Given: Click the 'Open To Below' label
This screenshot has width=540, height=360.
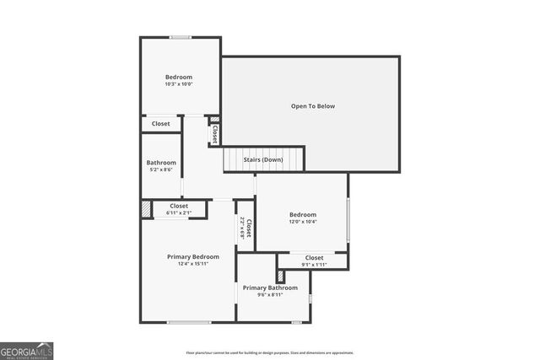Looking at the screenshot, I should coord(313,106).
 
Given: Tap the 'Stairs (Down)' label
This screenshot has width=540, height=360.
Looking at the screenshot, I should coord(263,159).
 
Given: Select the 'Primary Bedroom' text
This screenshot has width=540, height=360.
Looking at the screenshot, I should coord(193,256).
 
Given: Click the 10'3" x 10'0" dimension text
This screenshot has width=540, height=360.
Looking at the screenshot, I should coord(179,83).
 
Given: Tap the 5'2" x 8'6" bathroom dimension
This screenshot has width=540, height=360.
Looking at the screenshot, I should coord(161,169).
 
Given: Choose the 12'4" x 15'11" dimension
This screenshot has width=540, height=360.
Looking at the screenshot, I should coord(193,264).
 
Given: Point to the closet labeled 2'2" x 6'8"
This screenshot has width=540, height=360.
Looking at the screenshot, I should coord(246,228).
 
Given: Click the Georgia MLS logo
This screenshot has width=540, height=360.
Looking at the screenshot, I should coord(27,349).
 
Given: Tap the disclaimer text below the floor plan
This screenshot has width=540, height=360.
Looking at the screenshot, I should coord(270,353).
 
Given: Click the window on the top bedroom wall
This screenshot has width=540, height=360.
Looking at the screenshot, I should coord(180,37).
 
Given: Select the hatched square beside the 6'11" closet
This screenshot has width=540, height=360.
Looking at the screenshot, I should coord(147,209).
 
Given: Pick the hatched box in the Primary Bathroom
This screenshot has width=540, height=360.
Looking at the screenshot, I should coord(281,276).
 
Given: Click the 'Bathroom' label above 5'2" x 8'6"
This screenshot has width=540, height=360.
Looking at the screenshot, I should coord(161,163).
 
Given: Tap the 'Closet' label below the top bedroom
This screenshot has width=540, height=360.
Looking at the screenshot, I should coord(160,124).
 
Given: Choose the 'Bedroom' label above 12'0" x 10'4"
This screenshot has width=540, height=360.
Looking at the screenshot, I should coord(302,214).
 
